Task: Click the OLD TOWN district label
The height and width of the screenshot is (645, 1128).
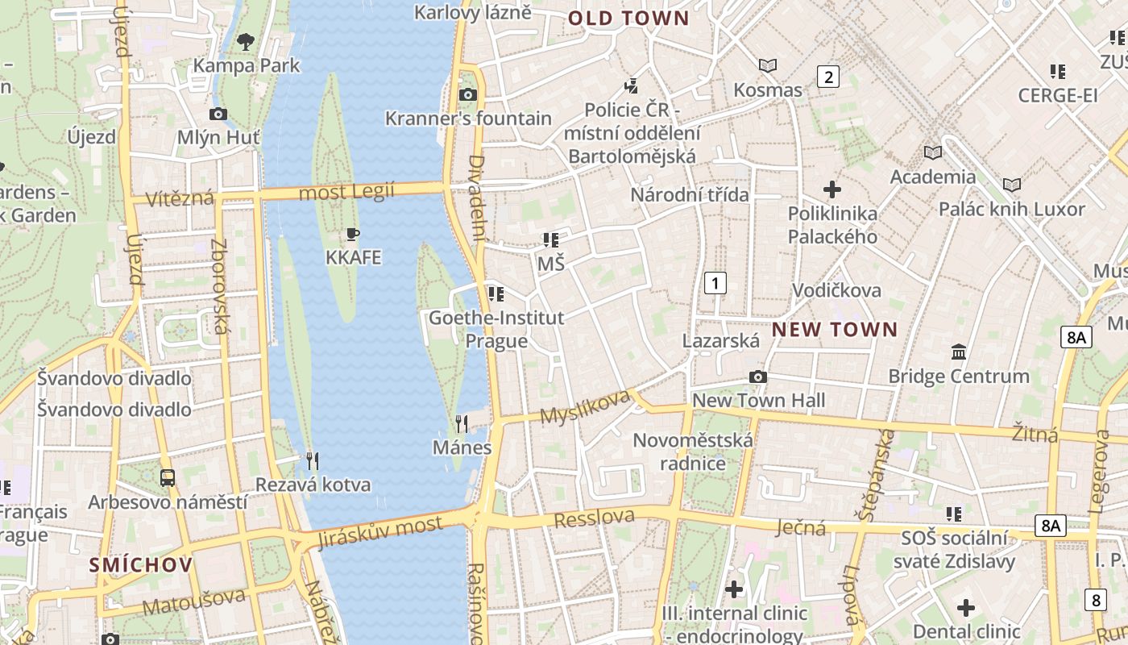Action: (628, 19)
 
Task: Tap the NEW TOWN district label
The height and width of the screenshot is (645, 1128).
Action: (834, 329)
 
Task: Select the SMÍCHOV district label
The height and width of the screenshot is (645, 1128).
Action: (141, 564)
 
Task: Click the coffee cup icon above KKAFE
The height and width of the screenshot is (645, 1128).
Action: (352, 235)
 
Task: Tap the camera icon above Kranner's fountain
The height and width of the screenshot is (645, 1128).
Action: (467, 95)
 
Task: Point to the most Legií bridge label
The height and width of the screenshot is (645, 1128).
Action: (346, 193)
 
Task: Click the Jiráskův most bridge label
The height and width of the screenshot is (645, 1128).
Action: (379, 533)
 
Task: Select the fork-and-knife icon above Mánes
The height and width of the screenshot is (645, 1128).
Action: (462, 423)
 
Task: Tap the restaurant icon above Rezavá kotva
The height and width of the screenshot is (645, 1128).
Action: (313, 461)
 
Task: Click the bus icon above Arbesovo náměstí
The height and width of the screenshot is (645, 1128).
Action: (167, 478)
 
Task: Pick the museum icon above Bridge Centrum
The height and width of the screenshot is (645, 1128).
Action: (959, 352)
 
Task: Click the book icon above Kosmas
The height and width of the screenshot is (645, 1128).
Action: (768, 66)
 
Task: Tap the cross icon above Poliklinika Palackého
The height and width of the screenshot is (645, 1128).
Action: (832, 190)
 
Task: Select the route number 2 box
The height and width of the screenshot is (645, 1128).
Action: (827, 77)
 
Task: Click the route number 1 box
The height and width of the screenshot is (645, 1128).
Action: (715, 283)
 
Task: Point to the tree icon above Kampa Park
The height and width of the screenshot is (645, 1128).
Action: (246, 41)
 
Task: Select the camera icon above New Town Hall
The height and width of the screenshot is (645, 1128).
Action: (757, 377)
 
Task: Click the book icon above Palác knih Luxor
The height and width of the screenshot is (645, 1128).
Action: (1011, 185)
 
